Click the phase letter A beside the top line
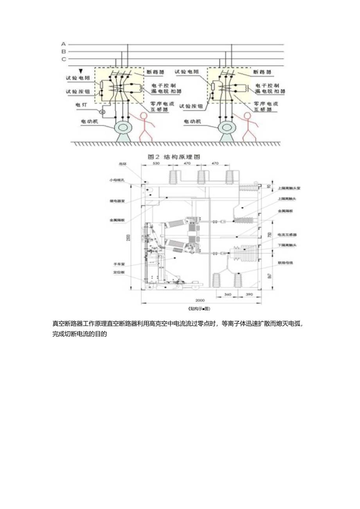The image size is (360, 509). click(63, 44)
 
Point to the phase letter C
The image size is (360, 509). click(63, 59)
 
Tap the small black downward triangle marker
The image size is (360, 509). click(81, 71)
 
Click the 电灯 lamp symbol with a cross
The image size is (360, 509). click(103, 112)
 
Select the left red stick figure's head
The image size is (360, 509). click(144, 116)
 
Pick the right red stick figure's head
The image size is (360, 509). click(247, 116)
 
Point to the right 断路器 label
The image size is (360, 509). click(264, 72)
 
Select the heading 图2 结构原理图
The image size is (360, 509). click(174, 156)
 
